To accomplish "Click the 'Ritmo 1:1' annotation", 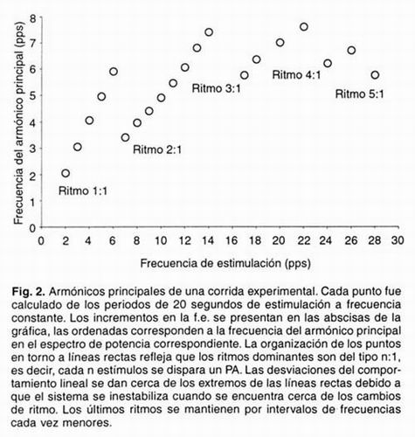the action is pos(82,191).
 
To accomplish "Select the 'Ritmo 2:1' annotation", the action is pos(157,149).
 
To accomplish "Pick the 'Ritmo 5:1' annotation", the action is pos(360,92).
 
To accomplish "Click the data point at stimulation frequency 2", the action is pos(66,173).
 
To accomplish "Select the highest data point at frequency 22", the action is pos(303,27).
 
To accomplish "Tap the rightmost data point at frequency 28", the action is pos(375,75).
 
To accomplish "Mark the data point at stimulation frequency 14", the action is pos(209,31).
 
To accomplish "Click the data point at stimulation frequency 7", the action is pos(125,137).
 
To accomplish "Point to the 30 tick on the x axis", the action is pos(398,238).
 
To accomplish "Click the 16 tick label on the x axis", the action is pos(232,238).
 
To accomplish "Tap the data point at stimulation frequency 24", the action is pos(327,63).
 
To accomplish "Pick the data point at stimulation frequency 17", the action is pos(244,75).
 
